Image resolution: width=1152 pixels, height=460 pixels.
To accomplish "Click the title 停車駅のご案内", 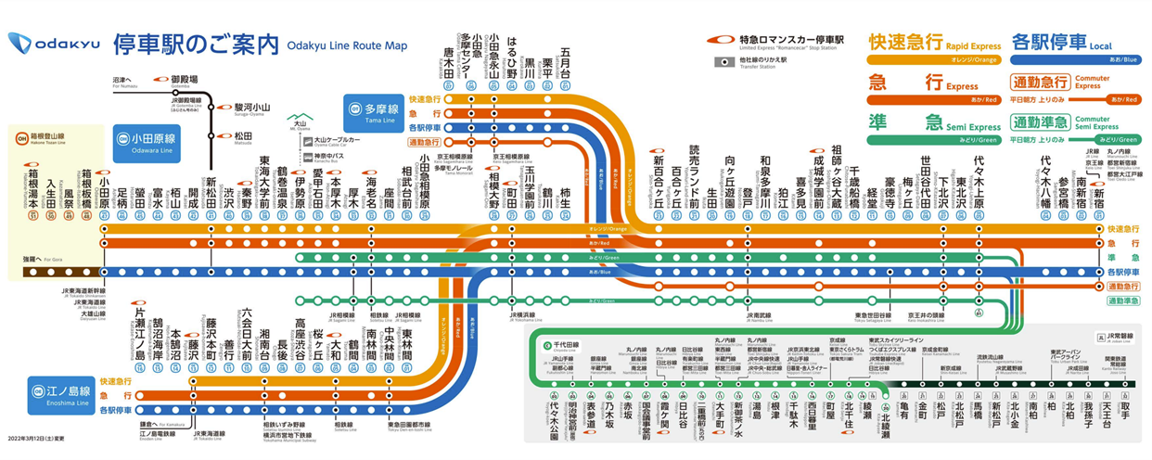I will [x=196, y=43].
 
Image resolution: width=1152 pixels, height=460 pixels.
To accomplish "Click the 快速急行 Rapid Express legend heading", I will [x=905, y=43].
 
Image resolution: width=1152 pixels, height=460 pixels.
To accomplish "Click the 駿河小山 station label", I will [x=252, y=108].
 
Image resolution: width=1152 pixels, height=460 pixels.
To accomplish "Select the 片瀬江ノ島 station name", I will [x=140, y=334].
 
